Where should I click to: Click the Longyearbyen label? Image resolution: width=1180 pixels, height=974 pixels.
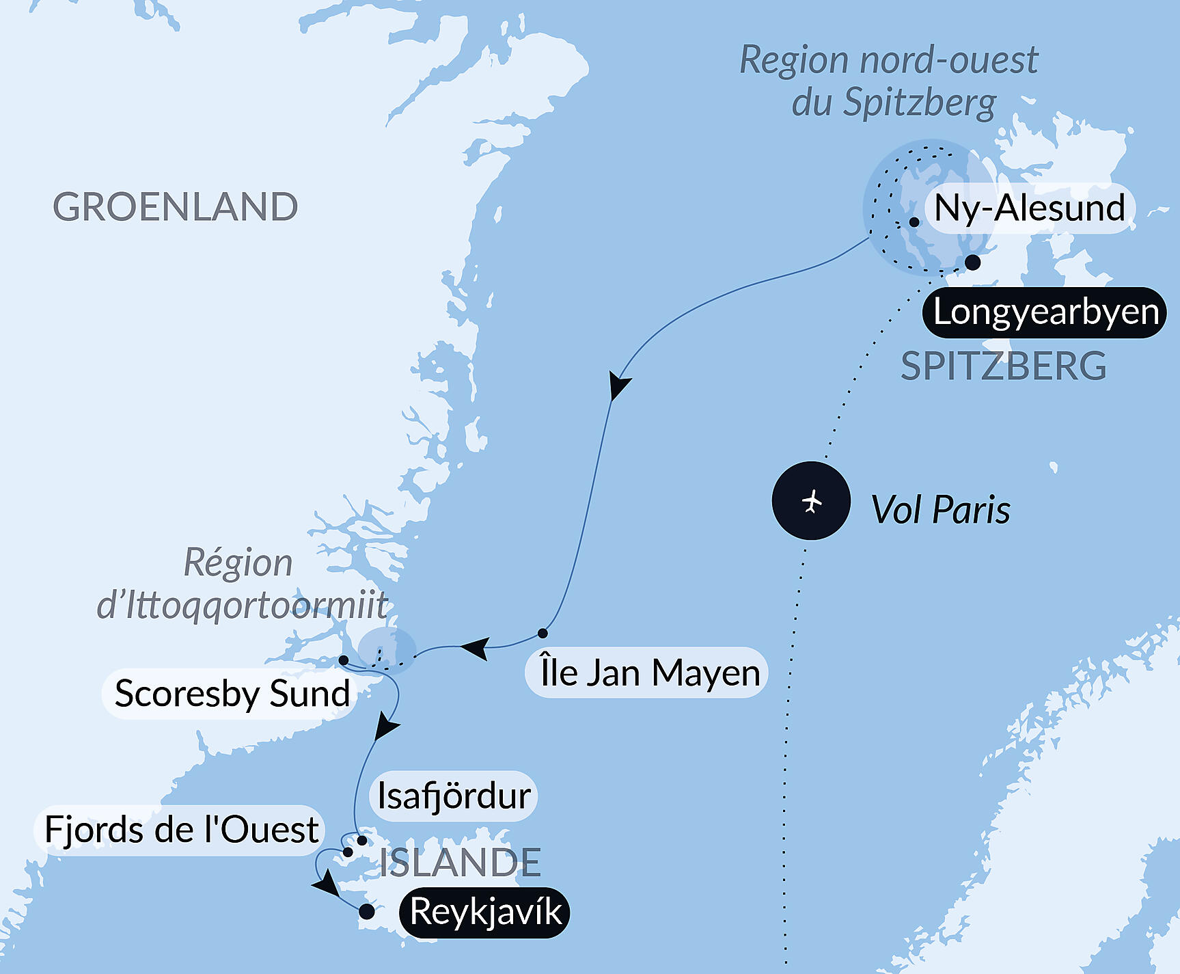pos(1045,312)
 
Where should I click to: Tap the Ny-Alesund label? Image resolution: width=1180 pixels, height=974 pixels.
pos(1029,208)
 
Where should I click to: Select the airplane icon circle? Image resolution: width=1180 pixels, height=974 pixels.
pos(811,501)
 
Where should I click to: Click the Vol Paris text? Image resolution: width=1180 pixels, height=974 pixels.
pos(940,510)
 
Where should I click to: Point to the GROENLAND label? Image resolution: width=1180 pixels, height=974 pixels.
pos(176,207)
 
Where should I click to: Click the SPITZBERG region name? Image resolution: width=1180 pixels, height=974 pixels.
pos(1003,366)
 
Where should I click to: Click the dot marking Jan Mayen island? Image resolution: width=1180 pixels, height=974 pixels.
pos(543,633)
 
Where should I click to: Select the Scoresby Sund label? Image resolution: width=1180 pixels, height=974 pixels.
pos(232,694)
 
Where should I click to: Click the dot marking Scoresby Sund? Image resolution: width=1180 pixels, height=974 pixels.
pos(344,660)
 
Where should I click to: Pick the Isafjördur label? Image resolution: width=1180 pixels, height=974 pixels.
pos(454,796)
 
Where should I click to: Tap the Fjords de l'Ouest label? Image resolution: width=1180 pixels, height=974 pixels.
pos(181,830)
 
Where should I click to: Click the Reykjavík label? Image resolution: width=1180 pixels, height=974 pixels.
pos(485,912)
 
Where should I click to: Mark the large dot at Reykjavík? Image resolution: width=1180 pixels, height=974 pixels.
pos(367,911)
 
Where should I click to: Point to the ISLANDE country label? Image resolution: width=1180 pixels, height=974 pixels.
pos(460,863)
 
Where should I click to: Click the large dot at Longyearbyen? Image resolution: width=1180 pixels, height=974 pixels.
pos(972,262)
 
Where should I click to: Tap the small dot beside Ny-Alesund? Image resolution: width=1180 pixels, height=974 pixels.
pos(914,222)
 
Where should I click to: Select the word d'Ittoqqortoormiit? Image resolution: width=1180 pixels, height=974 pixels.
pos(243,606)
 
